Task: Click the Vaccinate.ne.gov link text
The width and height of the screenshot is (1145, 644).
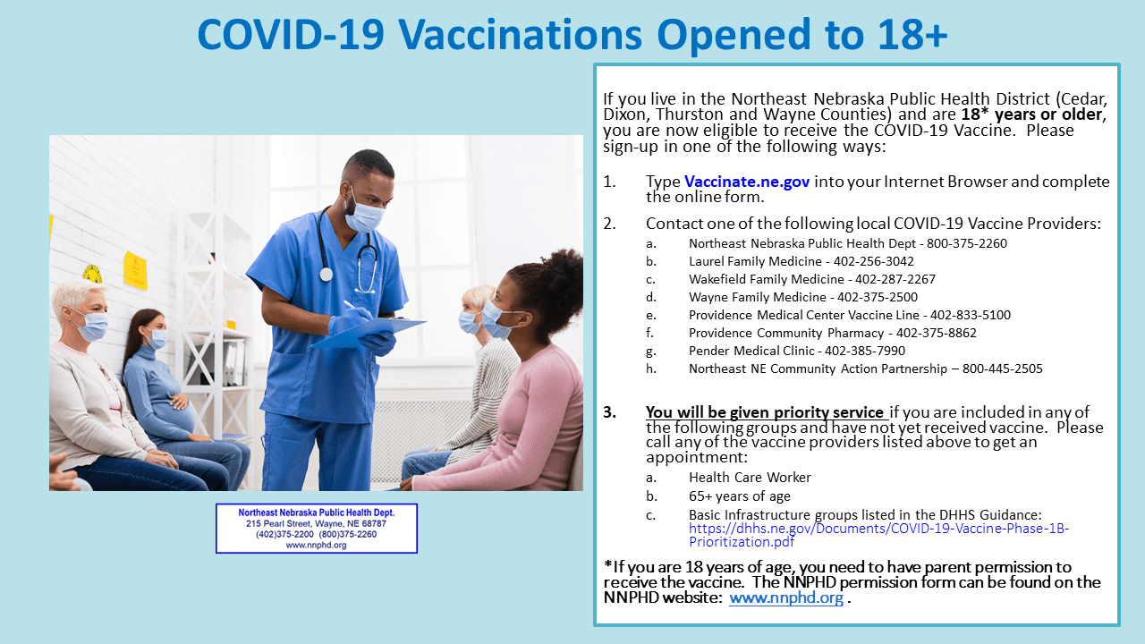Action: click(747, 182)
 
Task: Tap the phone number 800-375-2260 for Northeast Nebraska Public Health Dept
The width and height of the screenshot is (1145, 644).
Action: click(967, 243)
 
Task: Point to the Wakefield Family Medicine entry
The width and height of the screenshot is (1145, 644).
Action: click(810, 279)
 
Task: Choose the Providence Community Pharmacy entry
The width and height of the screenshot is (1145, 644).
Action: click(832, 333)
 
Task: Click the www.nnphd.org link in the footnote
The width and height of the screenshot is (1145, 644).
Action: click(785, 597)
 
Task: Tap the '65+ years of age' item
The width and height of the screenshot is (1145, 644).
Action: click(739, 496)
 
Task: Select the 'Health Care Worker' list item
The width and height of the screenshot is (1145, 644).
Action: click(750, 478)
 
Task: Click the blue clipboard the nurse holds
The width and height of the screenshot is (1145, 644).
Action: click(376, 331)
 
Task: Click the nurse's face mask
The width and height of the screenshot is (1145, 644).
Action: click(364, 215)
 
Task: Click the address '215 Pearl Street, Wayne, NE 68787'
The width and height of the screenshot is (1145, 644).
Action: click(316, 523)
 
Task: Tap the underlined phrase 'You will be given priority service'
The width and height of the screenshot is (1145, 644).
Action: click(765, 412)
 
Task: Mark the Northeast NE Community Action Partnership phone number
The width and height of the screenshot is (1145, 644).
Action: click(1002, 369)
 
